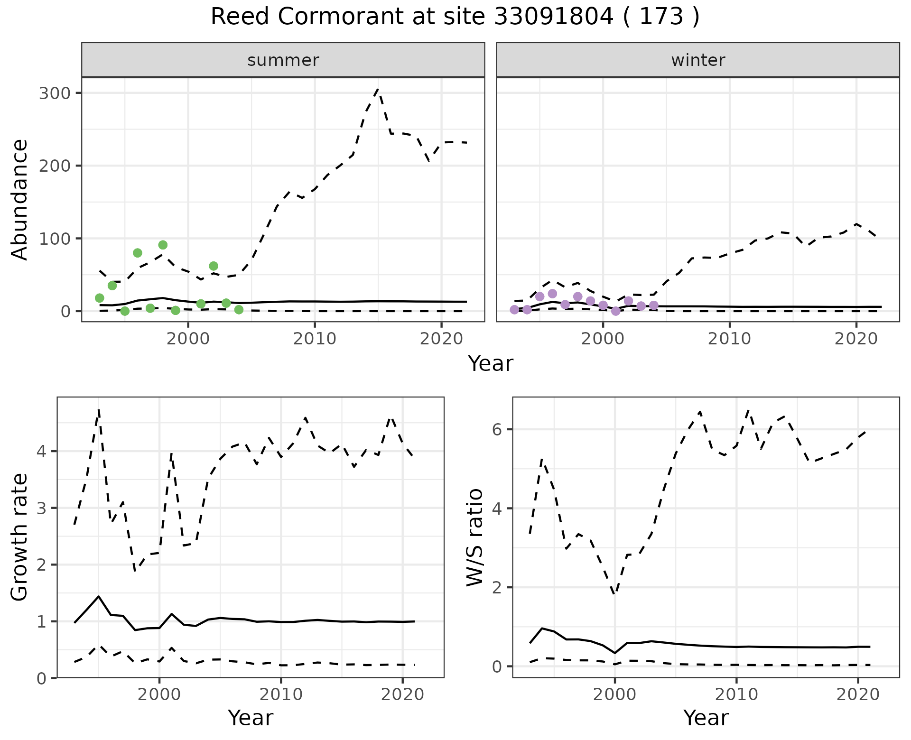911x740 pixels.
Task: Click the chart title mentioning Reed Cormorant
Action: (x=455, y=17)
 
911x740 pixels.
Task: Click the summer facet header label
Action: (x=283, y=60)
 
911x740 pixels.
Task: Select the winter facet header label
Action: (x=697, y=60)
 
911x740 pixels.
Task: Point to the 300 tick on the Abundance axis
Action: (x=55, y=93)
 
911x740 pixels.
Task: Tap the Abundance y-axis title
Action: (x=20, y=199)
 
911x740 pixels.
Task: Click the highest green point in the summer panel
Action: (x=163, y=245)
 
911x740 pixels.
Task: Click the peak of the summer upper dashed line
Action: (x=378, y=89)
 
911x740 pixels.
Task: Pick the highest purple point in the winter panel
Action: (x=552, y=294)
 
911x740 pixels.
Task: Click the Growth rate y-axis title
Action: (x=20, y=537)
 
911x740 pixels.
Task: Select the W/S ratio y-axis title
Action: (x=475, y=537)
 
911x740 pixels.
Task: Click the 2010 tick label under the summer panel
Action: (x=315, y=339)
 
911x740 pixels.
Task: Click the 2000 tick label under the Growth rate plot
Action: (x=159, y=695)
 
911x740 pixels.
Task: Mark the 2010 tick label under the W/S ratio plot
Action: (x=736, y=695)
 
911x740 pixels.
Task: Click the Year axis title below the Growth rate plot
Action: (x=251, y=718)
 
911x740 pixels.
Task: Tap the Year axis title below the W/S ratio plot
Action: (x=706, y=718)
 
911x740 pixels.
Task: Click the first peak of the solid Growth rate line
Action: (x=98, y=596)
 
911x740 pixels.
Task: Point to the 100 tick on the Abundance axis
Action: (x=55, y=239)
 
